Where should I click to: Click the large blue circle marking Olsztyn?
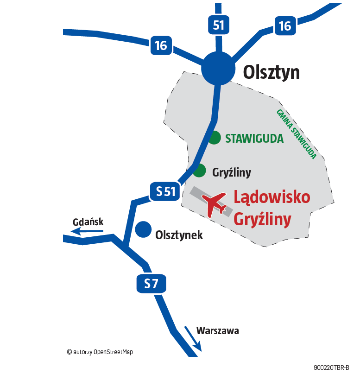pyautogui.click(x=218, y=69)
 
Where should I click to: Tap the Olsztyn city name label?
pyautogui.click(x=272, y=72)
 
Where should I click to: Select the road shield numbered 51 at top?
pyautogui.click(x=218, y=25)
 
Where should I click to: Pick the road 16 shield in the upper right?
pyautogui.click(x=285, y=26)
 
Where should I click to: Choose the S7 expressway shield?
pyautogui.click(x=151, y=284)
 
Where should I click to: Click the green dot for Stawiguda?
pyautogui.click(x=214, y=138)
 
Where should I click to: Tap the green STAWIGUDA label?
pyautogui.click(x=254, y=139)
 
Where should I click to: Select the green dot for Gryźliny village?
pyautogui.click(x=199, y=171)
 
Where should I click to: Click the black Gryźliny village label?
pyautogui.click(x=232, y=173)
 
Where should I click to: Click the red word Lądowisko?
pyautogui.click(x=272, y=197)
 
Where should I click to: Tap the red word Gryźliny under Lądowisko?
pyautogui.click(x=262, y=219)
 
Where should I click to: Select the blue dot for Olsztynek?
pyautogui.click(x=144, y=229)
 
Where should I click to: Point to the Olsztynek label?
pyautogui.click(x=179, y=235)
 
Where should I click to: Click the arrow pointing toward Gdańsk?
pyautogui.click(x=88, y=230)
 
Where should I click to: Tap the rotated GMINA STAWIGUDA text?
pyautogui.click(x=296, y=134)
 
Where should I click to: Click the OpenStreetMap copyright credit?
pyautogui.click(x=100, y=352)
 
